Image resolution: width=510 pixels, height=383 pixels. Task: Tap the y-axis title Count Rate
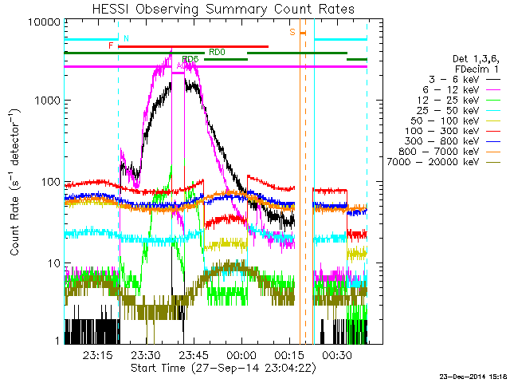coord(15,181)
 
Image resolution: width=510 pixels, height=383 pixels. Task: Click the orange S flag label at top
coord(292,32)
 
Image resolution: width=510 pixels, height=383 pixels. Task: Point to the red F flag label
coord(111,46)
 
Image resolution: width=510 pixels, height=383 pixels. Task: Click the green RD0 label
coord(216,52)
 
